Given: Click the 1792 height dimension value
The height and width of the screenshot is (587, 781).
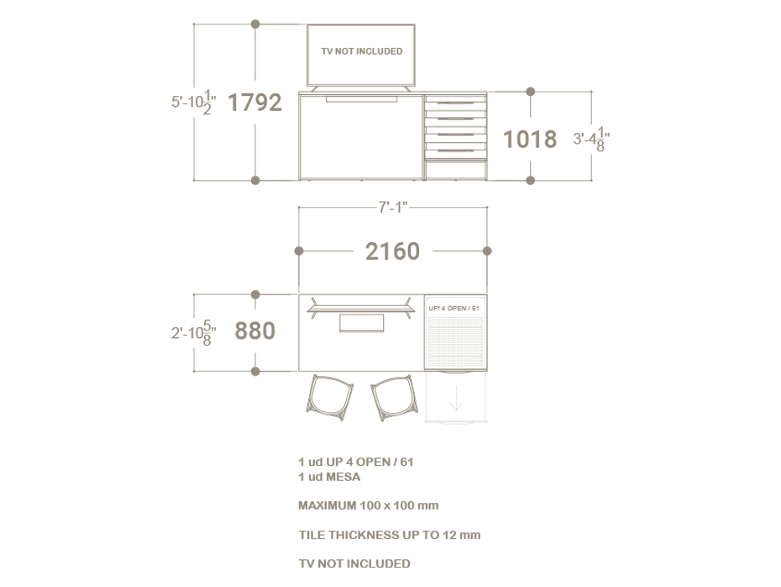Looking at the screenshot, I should click(x=254, y=103).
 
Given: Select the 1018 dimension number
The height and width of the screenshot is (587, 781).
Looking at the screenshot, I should click(x=529, y=139).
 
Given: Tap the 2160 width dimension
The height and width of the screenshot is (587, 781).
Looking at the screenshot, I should click(x=392, y=251).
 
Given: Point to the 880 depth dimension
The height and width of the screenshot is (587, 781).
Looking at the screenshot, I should click(x=254, y=331).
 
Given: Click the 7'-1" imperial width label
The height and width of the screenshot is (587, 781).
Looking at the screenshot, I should click(x=393, y=207).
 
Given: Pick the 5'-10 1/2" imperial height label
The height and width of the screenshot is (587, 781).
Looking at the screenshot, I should click(x=194, y=102).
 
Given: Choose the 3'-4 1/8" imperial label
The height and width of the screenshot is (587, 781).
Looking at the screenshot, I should click(x=591, y=140).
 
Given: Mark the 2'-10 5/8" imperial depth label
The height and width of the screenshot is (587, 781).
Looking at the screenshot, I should click(x=193, y=332).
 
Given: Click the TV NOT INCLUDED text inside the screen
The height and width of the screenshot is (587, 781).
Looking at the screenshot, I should click(x=361, y=51).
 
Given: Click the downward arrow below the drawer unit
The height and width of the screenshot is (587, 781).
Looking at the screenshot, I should click(x=456, y=400).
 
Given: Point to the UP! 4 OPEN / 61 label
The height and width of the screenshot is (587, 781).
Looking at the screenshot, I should click(x=454, y=308).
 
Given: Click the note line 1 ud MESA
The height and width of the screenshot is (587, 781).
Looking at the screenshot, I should click(x=329, y=477).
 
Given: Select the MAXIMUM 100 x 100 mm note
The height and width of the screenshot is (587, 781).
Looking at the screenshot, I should click(x=368, y=505).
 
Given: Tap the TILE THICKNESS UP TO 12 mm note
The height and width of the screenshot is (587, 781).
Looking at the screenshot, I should click(x=389, y=534).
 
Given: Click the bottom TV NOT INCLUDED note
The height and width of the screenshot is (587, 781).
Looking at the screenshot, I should click(x=354, y=563).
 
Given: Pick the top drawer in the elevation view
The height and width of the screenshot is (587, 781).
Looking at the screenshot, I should click(x=455, y=101).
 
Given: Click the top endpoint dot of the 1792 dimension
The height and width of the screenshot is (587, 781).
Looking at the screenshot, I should click(x=255, y=24).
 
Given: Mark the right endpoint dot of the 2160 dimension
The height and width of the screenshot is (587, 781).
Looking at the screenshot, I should click(x=487, y=251).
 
